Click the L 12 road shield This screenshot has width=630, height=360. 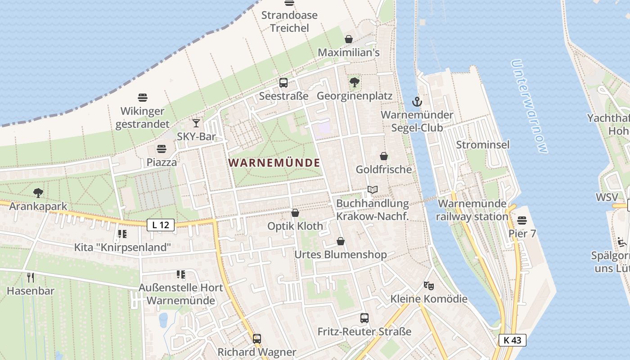pyautogui.click(x=161, y=225)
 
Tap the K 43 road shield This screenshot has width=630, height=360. pyautogui.click(x=513, y=340)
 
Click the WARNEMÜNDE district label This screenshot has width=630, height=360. pyautogui.click(x=274, y=163)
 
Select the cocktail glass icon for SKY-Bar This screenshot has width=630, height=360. pyautogui.click(x=196, y=123)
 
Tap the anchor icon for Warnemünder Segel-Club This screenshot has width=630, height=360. pyautogui.click(x=417, y=102)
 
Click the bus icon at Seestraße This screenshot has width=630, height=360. pyautogui.click(x=283, y=83)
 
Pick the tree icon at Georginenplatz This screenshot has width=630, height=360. pyautogui.click(x=355, y=82)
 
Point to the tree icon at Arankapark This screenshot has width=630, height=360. pyautogui.click(x=38, y=193)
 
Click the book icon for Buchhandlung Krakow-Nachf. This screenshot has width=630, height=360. pyautogui.click(x=372, y=190)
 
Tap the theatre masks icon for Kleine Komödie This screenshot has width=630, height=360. pyautogui.click(x=429, y=285)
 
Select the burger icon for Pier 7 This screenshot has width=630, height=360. pyautogui.click(x=522, y=220)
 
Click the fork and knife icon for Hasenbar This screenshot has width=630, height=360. pyautogui.click(x=31, y=277)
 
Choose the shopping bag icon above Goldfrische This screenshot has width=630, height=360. pyautogui.click(x=384, y=156)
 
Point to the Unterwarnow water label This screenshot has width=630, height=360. pyautogui.click(x=530, y=107)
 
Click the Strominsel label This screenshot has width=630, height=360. pyautogui.click(x=483, y=145)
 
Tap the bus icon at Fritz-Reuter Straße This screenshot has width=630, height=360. pyautogui.click(x=364, y=318)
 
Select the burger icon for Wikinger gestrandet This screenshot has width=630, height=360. pyautogui.click(x=143, y=98)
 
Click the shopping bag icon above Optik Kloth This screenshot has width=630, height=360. pyautogui.click(x=295, y=212)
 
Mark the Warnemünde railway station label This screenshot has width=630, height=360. pyautogui.click(x=473, y=210)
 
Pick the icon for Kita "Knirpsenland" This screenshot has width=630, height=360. pyautogui.click(x=122, y=234)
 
